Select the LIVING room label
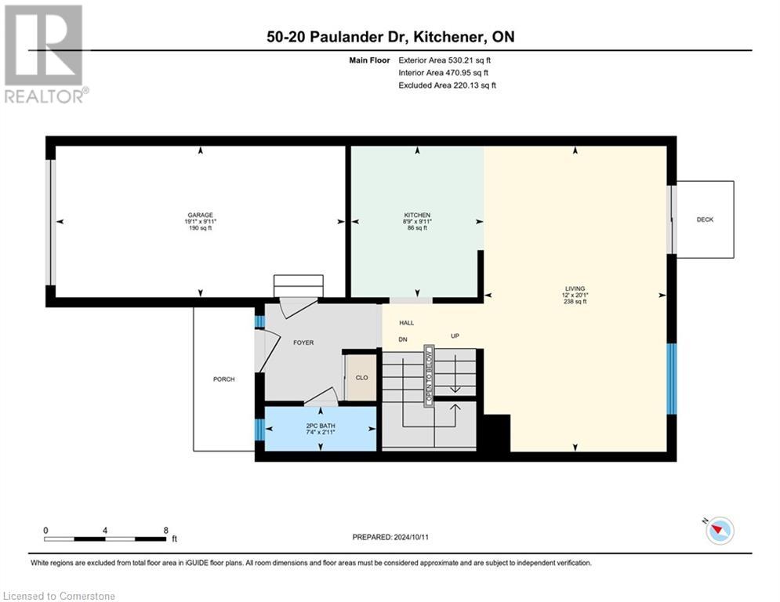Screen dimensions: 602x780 pyautogui.click(x=575, y=288)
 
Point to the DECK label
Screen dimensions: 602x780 pyautogui.click(x=705, y=220)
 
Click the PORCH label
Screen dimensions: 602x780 pyautogui.click(x=223, y=379)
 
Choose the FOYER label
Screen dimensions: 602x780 pyautogui.click(x=303, y=343)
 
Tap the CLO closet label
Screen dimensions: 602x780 pyautogui.click(x=362, y=378)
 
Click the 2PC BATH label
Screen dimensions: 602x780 pyautogui.click(x=321, y=426)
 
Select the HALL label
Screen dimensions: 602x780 pyautogui.click(x=406, y=323)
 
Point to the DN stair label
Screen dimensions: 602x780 pyautogui.click(x=404, y=339)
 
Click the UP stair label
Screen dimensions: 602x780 pyautogui.click(x=454, y=336)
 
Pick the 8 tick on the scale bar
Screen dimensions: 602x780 pyautogui.click(x=165, y=530)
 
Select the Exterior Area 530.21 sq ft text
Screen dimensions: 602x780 pyautogui.click(x=444, y=60)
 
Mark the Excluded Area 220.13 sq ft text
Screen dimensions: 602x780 pyautogui.click(x=447, y=85)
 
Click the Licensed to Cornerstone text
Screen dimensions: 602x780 pyautogui.click(x=60, y=597)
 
